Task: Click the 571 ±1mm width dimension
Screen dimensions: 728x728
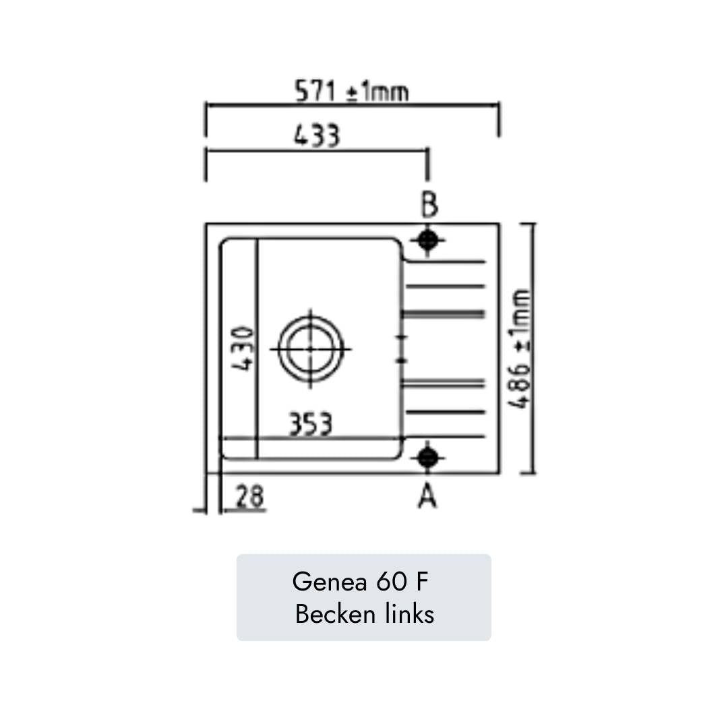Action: tap(351, 91)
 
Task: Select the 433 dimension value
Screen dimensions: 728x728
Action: tap(317, 137)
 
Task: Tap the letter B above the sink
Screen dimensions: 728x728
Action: tap(429, 204)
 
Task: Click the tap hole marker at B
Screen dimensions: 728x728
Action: tap(428, 239)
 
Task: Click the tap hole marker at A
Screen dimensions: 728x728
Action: tap(427, 458)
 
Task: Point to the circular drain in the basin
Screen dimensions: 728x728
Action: tap(310, 348)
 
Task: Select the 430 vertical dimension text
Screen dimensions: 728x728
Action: tap(243, 348)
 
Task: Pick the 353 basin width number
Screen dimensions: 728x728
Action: tap(311, 425)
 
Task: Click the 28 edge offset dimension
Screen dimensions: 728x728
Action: tap(250, 497)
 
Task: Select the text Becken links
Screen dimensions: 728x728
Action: tap(364, 614)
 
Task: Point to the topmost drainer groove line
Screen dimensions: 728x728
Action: tap(445, 262)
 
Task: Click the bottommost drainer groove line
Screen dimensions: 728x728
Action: tap(445, 437)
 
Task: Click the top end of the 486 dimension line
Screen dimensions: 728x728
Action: tap(532, 224)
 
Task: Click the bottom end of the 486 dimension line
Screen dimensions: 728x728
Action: tap(532, 473)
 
